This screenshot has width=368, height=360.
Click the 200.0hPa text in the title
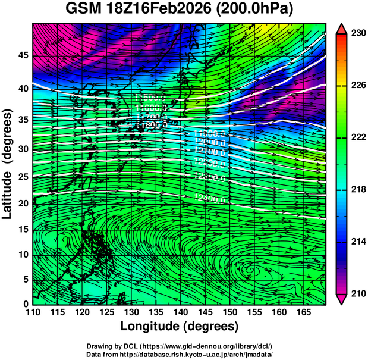[x=263, y=10]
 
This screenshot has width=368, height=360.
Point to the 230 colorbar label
[x=357, y=33]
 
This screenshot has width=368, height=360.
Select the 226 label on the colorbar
[x=357, y=86]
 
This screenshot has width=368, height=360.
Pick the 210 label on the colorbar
[x=357, y=293]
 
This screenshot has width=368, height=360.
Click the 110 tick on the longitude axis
[x=33, y=312]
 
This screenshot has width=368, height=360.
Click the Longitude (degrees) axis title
[x=179, y=326]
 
